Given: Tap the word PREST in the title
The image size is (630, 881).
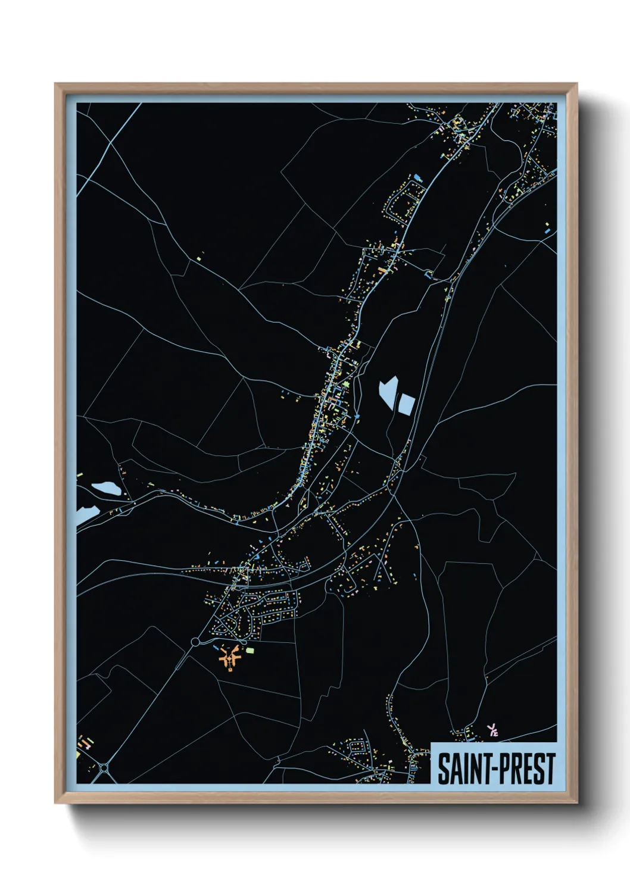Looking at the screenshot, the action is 523,768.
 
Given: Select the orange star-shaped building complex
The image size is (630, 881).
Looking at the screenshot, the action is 229,658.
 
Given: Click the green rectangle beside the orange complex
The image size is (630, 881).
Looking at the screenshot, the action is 250,651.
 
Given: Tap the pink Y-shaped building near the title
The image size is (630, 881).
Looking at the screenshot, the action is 492,730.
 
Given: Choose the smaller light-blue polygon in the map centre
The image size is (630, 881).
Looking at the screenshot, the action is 406,404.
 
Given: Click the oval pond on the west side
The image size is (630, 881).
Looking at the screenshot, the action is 107,489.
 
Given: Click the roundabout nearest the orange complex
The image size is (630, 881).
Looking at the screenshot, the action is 195,642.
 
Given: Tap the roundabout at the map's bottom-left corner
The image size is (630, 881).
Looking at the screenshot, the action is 105,768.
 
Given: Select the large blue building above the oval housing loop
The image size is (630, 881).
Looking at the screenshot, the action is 417,177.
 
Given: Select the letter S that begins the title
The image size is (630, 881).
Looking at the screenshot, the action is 444,768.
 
